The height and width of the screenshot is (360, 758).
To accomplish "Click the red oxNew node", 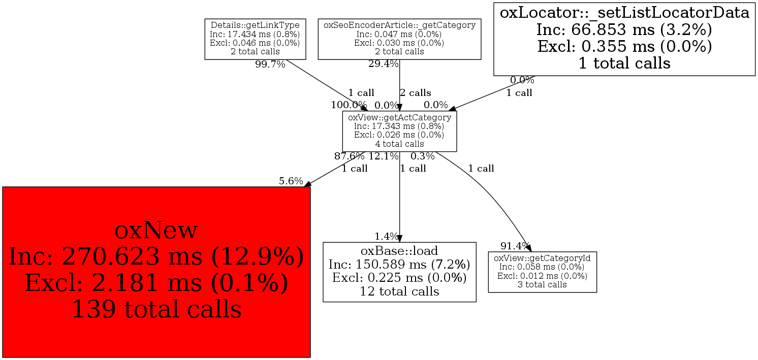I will point(156,272).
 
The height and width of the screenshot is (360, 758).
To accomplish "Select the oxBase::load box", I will point(399,272).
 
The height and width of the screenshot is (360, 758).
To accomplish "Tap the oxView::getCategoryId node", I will point(542,272).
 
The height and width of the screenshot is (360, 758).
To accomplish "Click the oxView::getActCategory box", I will point(399,130).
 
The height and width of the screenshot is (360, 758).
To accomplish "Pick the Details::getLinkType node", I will point(255,39).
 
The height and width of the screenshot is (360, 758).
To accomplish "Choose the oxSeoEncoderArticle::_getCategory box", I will point(399,39).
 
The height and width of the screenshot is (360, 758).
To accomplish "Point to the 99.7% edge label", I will point(270,65).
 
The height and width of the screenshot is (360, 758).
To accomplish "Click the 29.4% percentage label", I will point(383,64).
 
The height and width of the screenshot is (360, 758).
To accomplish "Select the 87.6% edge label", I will point(350,156).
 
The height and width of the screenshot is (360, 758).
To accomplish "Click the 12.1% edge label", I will point(384,156).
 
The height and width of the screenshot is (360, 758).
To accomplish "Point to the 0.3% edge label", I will point(423,156).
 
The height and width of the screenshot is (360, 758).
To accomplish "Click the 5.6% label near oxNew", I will point(291,181).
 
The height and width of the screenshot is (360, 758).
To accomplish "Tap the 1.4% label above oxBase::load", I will point(387,236).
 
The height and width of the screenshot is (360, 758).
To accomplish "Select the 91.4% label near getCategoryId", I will point(515,246).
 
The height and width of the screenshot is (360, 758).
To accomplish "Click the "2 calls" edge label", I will point(415,93).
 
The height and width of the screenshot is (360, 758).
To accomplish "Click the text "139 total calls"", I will point(156,309).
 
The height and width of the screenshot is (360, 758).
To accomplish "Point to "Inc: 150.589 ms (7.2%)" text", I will point(399,265).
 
